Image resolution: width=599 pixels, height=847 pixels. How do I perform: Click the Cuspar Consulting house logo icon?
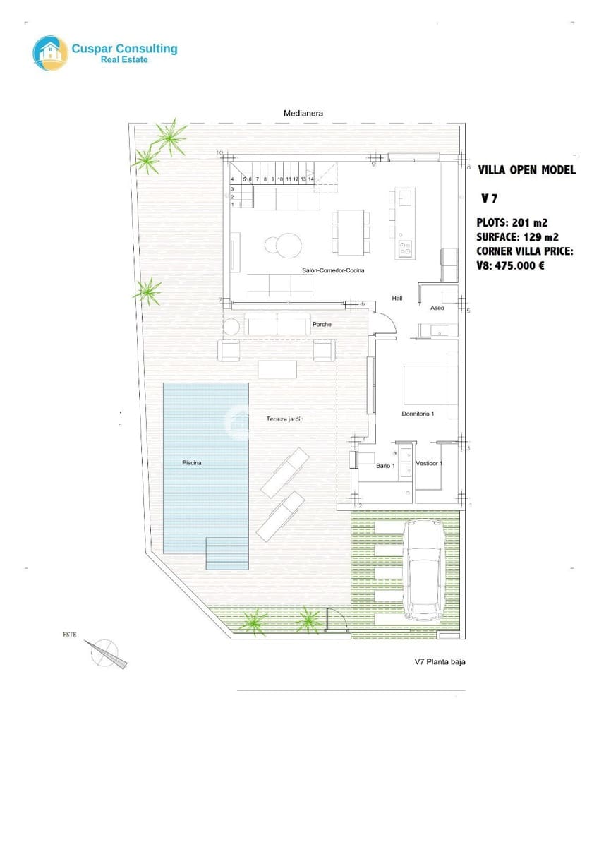(x=50, y=53)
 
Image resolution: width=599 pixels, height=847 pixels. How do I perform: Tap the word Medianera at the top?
(x=303, y=113)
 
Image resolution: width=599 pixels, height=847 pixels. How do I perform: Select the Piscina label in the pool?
(x=192, y=463)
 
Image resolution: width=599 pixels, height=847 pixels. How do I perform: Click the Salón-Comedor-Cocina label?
(x=329, y=270)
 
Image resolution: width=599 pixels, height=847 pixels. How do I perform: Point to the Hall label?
(x=397, y=299)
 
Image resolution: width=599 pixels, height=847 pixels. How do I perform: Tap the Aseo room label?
(x=437, y=308)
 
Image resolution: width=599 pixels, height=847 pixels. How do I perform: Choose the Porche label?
(x=322, y=325)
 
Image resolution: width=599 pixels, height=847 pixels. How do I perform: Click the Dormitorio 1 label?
(x=418, y=414)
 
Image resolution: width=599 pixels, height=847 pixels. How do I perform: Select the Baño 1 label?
(x=385, y=465)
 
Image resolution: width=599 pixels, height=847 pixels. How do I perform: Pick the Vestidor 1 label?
(x=429, y=464)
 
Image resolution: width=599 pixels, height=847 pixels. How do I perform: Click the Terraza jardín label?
(x=285, y=419)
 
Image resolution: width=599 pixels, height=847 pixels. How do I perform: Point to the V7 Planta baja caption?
(x=440, y=662)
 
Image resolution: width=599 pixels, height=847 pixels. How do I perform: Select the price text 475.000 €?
(x=518, y=266)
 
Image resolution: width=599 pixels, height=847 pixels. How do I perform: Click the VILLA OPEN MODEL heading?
(x=526, y=170)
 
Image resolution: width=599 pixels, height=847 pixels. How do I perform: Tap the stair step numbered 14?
(x=310, y=179)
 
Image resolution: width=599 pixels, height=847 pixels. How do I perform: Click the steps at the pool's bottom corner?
(x=227, y=553)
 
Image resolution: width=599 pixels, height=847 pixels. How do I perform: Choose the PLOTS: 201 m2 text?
(x=512, y=222)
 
